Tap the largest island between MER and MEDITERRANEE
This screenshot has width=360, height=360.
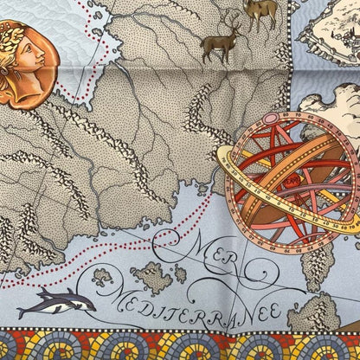[x=153, y=277]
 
